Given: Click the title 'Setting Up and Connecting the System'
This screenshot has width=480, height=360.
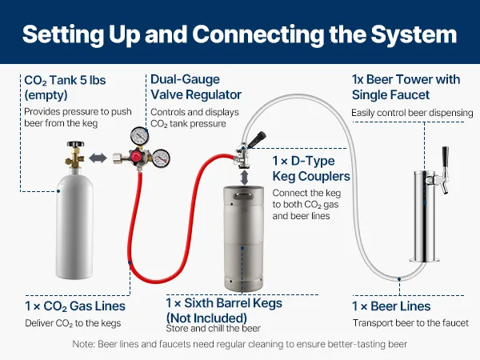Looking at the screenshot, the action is point(240,34).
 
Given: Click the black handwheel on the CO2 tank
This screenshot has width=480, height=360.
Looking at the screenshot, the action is point(76,143).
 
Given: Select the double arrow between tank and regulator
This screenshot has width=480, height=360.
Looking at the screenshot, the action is point(98,158).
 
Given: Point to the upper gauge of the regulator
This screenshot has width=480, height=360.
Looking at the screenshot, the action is point(139,136).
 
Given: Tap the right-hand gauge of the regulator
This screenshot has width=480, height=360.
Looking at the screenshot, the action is point(161,158).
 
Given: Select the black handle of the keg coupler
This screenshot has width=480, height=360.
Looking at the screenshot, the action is point(257,138).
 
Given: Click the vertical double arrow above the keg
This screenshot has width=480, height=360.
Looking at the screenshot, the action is point(244,178).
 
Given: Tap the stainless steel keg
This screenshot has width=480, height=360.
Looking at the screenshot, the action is point(244,238).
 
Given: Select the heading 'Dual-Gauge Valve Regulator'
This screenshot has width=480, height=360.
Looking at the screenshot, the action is point(196,87).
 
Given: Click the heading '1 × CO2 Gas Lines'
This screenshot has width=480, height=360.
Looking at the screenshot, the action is point(75,306).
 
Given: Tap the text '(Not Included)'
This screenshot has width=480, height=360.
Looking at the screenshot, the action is point(206,318).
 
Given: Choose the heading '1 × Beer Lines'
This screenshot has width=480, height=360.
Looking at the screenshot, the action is point(391,306).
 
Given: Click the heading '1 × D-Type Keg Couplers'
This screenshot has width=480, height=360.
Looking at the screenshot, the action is point(311,169).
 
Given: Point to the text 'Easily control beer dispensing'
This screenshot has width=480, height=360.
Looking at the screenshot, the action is point(412,113).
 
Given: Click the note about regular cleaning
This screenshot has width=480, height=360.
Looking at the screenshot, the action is point(240,344).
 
